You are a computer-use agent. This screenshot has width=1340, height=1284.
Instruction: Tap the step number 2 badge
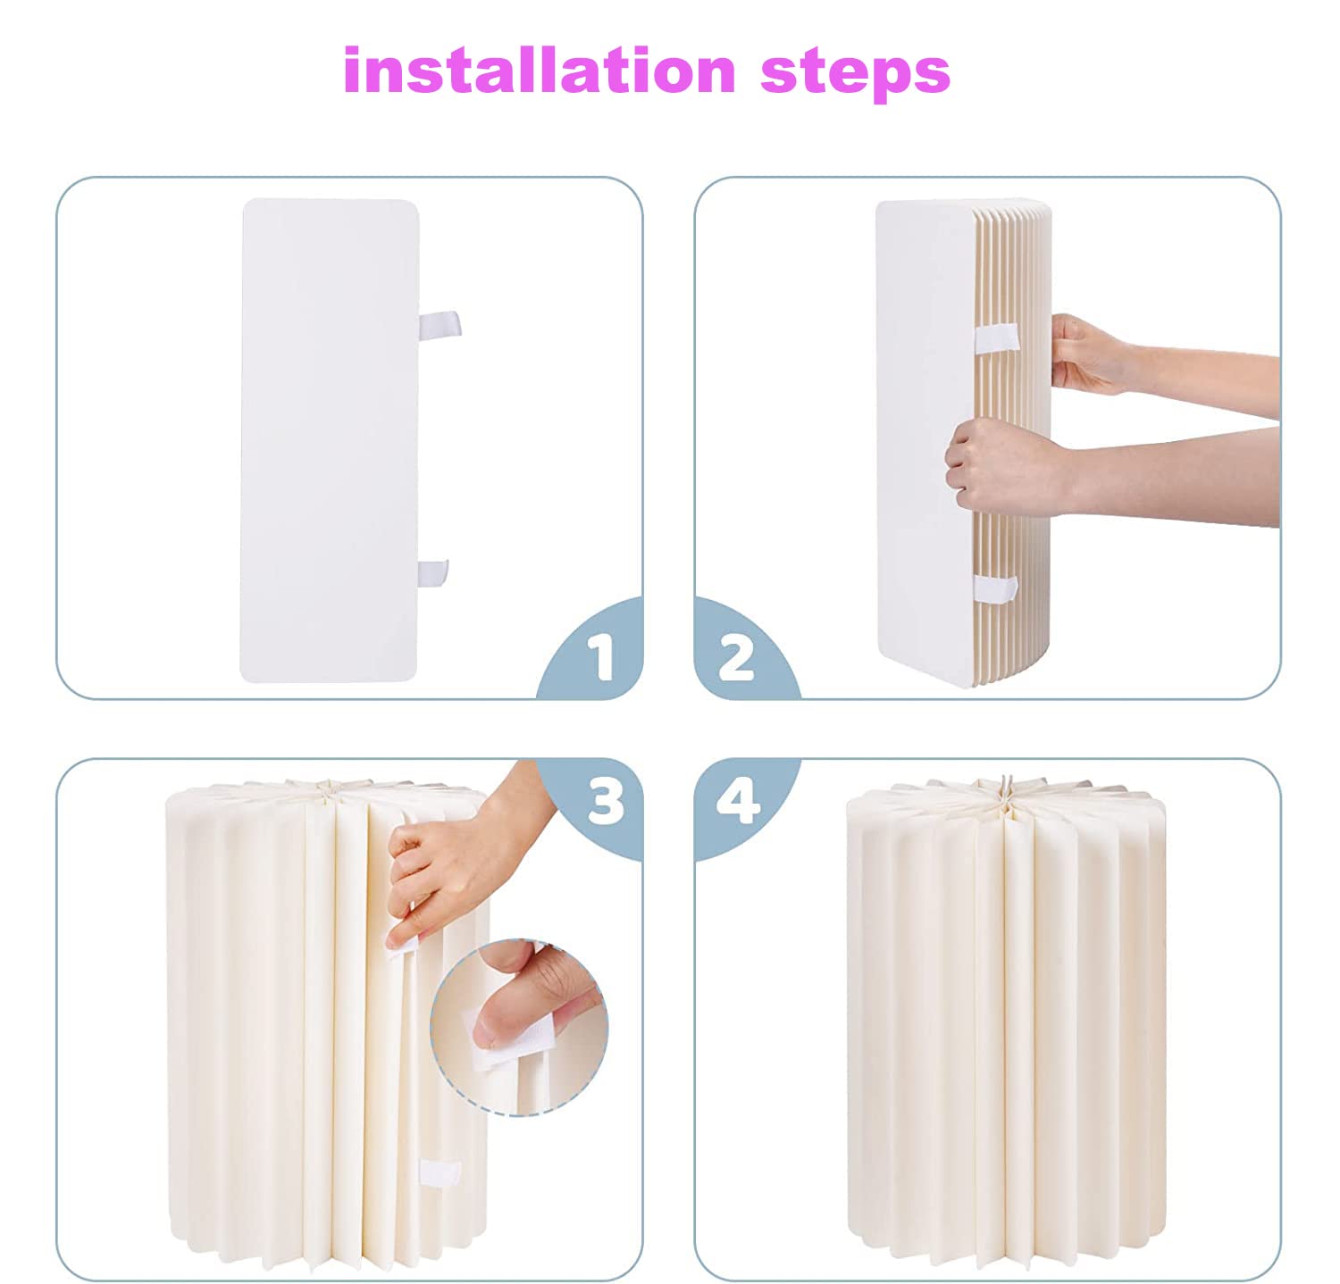point(736,657)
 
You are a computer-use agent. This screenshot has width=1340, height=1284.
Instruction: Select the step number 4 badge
point(738,801)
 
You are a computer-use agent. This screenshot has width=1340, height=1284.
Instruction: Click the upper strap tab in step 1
point(440,324)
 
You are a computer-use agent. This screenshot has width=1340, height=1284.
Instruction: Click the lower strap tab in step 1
point(433,572)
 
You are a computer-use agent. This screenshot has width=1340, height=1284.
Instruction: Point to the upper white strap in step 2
point(996,338)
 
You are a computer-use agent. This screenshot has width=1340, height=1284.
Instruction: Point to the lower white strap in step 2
point(995,588)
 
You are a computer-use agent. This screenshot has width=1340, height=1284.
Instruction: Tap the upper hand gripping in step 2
point(1085,354)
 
